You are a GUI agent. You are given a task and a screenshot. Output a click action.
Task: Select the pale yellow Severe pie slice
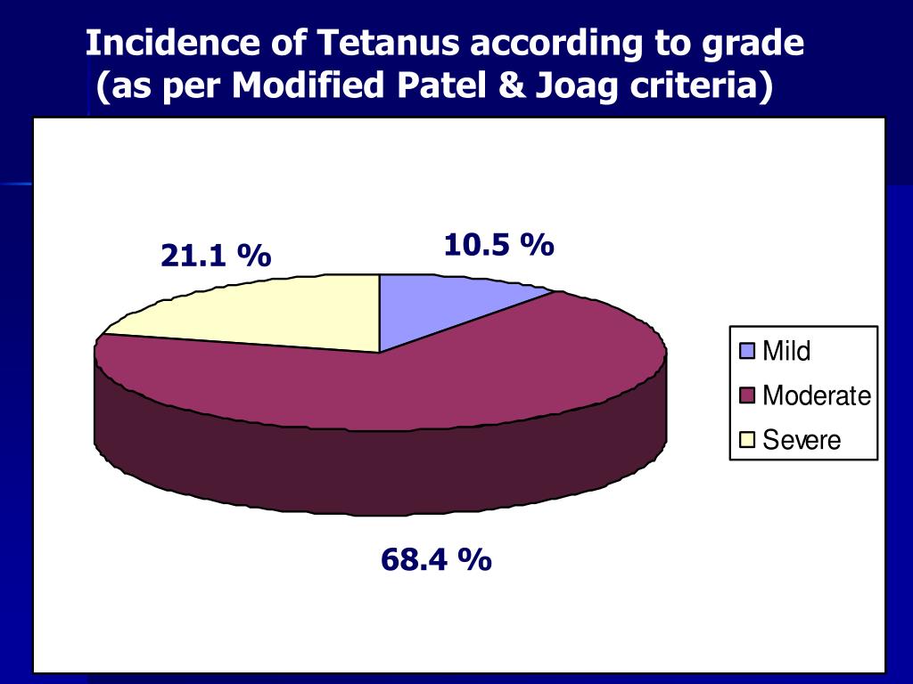285,312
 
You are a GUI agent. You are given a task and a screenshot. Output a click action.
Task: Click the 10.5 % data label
499,244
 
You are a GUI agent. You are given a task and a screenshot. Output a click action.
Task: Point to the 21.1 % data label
216,256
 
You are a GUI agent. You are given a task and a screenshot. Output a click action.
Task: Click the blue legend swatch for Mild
747,351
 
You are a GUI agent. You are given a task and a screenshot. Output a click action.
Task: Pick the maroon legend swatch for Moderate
747,395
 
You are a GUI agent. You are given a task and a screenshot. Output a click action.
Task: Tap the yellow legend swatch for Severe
747,439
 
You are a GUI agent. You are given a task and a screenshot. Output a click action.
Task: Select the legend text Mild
786,351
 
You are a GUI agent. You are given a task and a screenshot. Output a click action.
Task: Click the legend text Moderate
816,395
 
